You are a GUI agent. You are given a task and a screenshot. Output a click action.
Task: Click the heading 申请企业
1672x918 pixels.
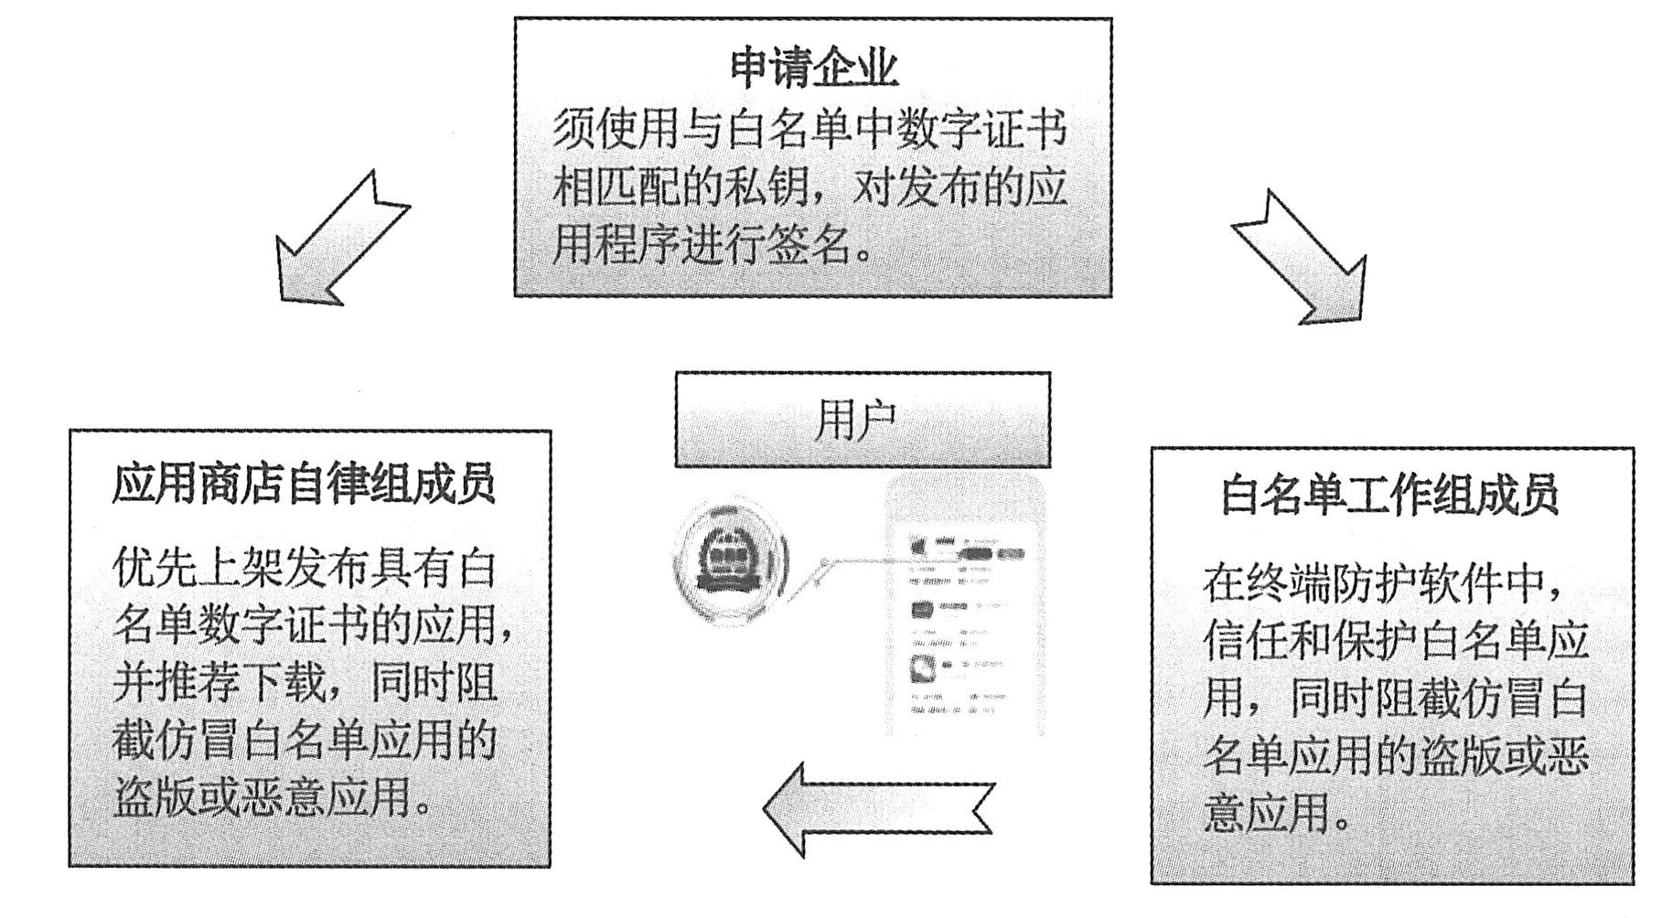tap(813, 68)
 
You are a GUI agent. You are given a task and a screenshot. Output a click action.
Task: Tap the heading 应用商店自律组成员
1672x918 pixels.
tap(305, 485)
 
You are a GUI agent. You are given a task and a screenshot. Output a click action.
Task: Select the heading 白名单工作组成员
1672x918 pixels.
tap(1389, 496)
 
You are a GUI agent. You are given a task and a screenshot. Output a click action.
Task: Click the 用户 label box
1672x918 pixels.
tap(862, 421)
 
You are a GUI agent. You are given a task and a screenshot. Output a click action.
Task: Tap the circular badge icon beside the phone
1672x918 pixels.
tap(730, 560)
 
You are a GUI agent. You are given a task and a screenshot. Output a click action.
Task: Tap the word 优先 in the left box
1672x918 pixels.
tap(155, 568)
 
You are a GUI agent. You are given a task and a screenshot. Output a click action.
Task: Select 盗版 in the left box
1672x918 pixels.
tap(155, 796)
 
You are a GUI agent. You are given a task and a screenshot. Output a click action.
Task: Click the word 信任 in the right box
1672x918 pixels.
tap(1244, 640)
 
